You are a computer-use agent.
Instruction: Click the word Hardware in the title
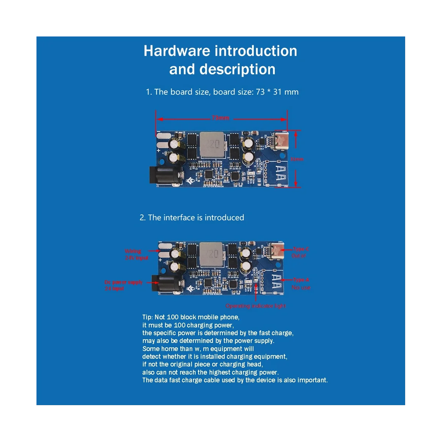pyautogui.click(x=177, y=51)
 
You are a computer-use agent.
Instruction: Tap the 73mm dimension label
pyautogui.click(x=220, y=118)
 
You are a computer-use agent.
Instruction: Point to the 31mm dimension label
pyautogui.click(x=297, y=159)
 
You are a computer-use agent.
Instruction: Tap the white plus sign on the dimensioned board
pyautogui.click(x=159, y=150)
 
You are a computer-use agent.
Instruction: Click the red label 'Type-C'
pyautogui.click(x=301, y=249)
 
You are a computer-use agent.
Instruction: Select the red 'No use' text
pyautogui.click(x=301, y=287)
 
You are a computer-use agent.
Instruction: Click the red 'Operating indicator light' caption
pyautogui.click(x=256, y=306)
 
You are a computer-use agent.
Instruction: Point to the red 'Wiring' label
pyautogui.click(x=133, y=251)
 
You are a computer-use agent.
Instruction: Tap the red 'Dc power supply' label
pyautogui.click(x=124, y=282)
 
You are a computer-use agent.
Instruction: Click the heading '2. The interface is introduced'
pyautogui.click(x=192, y=218)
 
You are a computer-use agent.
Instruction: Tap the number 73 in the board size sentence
pyautogui.click(x=260, y=92)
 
